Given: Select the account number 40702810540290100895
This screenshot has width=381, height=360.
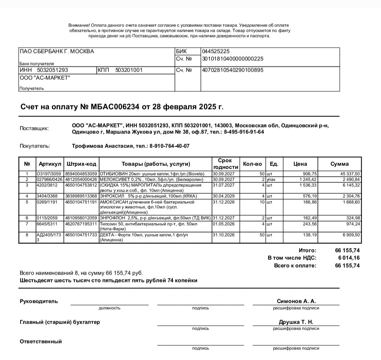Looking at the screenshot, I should coord(232,70).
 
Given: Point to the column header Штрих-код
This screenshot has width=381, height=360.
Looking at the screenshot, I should coord(81,164).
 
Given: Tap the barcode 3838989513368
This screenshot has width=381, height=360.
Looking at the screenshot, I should coord(81,196).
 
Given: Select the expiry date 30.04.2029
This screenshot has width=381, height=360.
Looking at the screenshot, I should coord(223,196).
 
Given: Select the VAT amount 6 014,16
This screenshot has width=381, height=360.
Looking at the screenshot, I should coord(349,258).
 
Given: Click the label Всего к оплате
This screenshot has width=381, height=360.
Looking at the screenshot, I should coord(295,265).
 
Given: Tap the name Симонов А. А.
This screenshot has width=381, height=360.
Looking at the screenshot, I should coord(296,301).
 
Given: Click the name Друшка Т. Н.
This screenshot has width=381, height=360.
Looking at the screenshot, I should coord(296,322).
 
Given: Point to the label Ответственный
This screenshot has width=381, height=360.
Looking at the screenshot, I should coord(41,341).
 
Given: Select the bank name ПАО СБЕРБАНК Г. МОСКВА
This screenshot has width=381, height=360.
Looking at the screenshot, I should coord(57,52).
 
